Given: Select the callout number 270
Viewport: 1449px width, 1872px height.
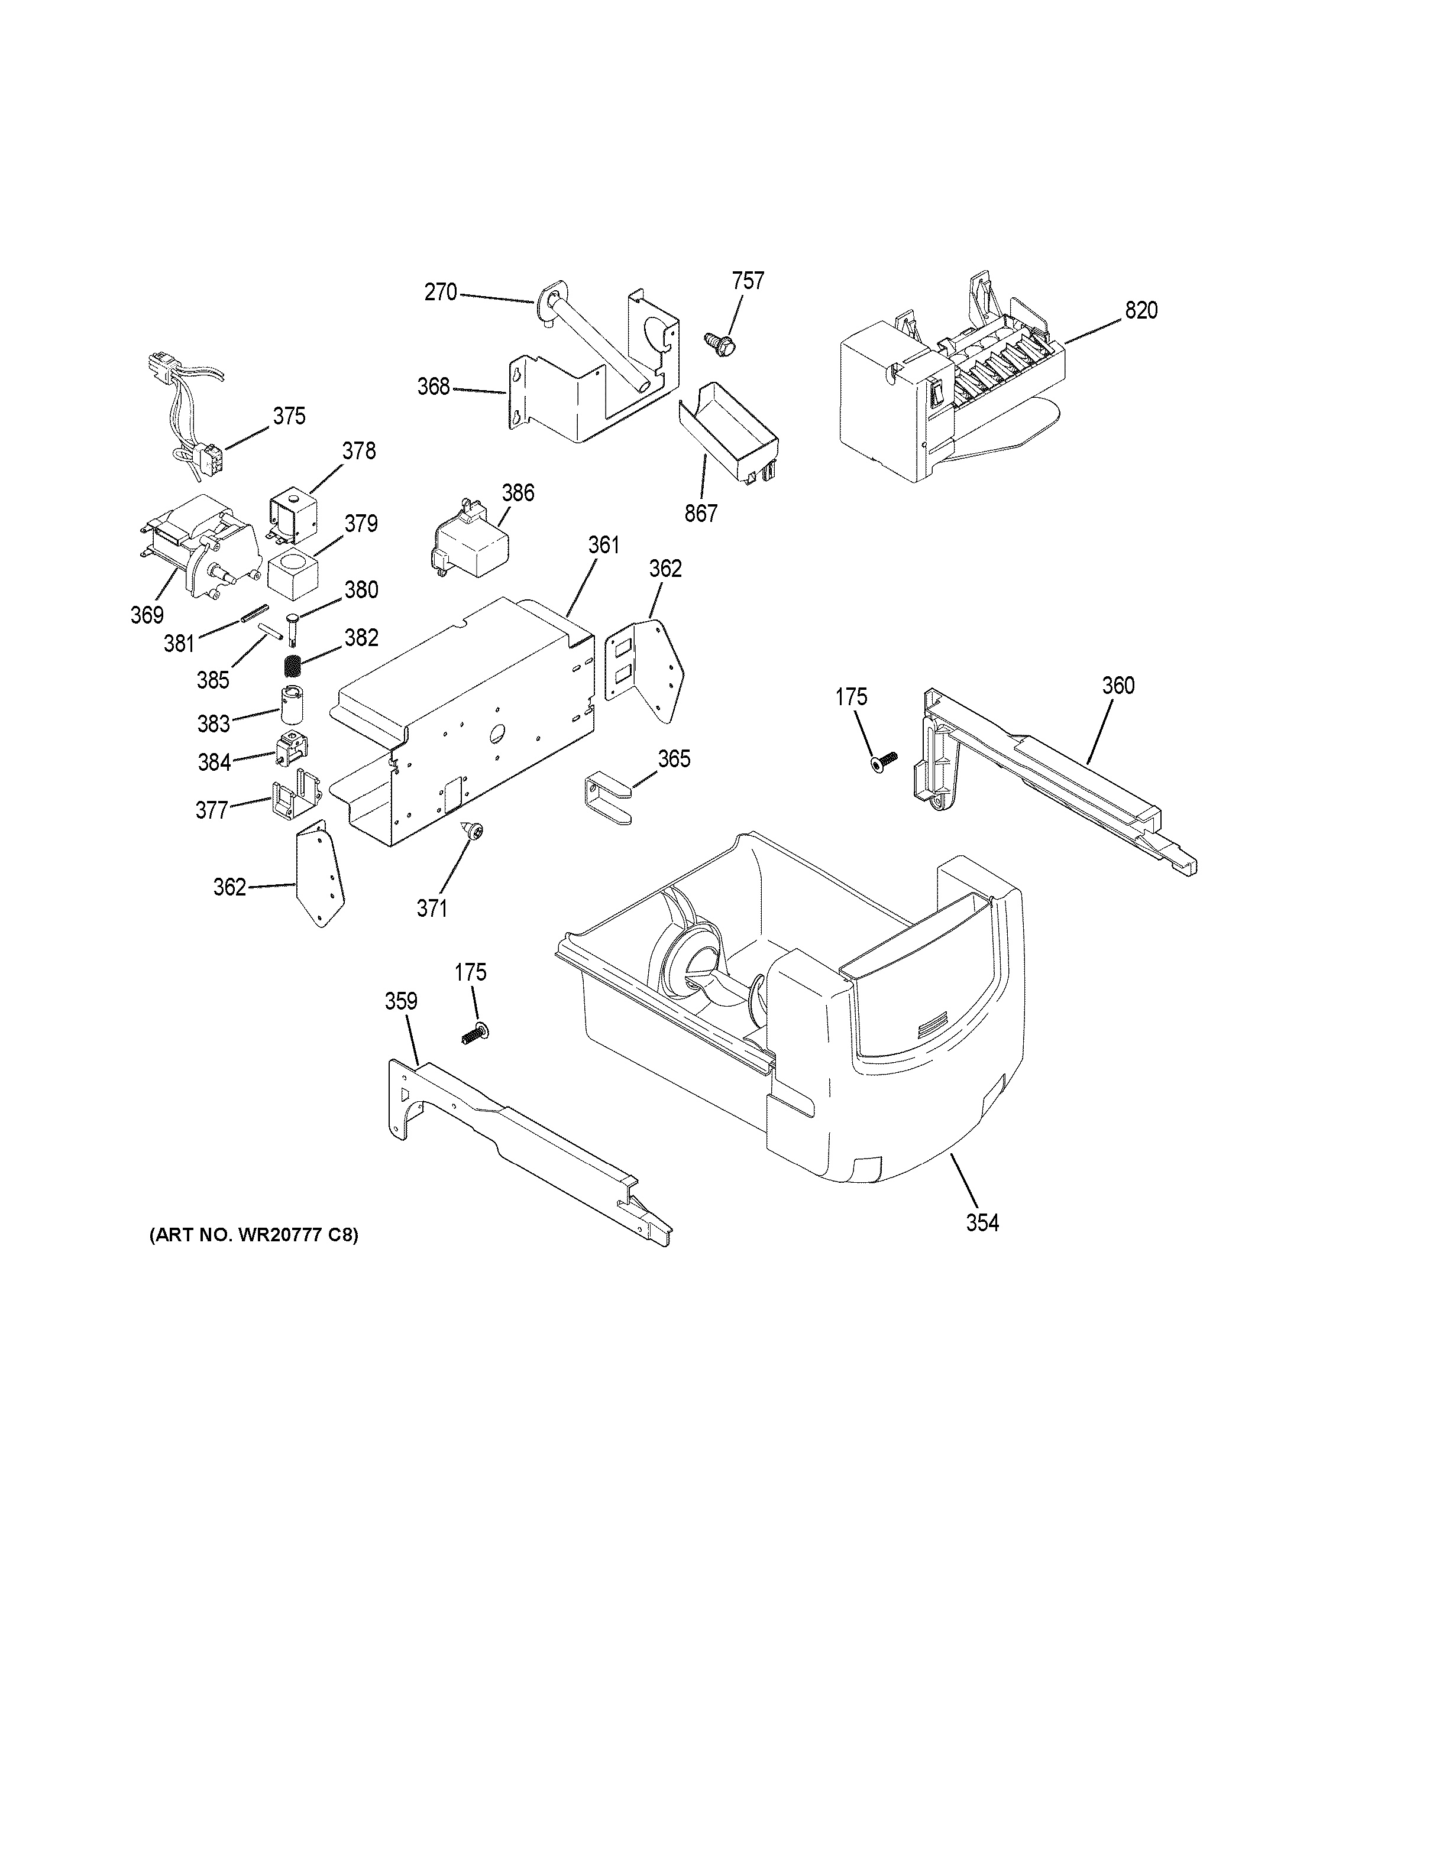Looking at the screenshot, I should [441, 292].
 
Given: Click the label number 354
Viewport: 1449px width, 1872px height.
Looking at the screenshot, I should [982, 1223].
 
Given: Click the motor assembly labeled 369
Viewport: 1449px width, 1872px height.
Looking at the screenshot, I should [197, 549].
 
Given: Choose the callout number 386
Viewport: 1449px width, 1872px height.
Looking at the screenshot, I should [518, 493].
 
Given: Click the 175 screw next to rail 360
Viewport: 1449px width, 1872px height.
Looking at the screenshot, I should [883, 761].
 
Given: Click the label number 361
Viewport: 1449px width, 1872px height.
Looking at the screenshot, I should [604, 545].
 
